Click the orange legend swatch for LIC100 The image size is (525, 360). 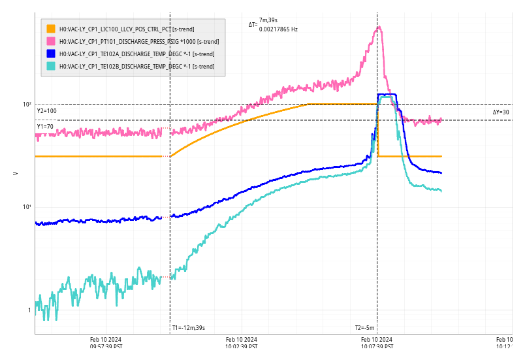pos(51,29)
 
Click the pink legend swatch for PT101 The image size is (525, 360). pos(51,41)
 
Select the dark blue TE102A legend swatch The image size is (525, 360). pos(51,54)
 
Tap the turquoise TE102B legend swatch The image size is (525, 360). pos(51,66)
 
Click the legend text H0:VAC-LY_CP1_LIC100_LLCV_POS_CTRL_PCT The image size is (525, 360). pos(127,29)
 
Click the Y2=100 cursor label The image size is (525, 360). pos(47,111)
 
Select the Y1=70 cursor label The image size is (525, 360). pos(46,127)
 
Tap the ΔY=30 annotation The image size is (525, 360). pos(501,112)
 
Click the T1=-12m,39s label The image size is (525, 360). pos(189,328)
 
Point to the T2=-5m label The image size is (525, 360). pos(365,328)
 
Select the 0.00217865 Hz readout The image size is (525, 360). pos(278,29)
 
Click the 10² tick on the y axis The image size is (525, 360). pos(27,105)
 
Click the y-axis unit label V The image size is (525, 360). pos(15,173)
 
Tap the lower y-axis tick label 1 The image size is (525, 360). pos(29,310)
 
